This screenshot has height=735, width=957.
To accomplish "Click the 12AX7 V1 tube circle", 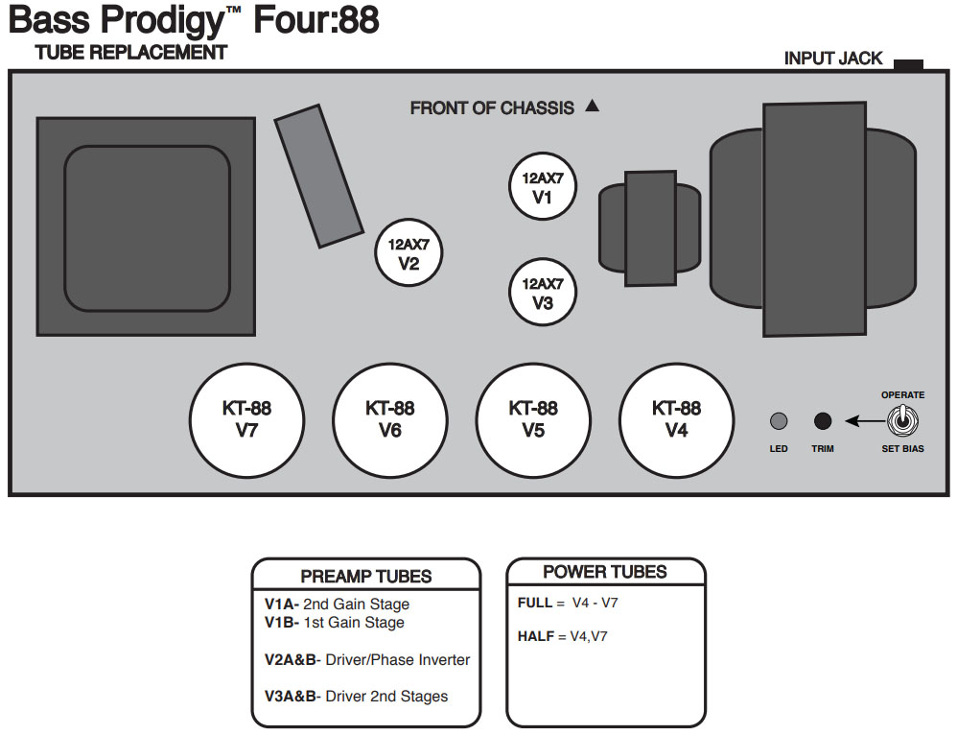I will tap(543, 188).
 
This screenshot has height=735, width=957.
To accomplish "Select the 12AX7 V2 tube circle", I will tap(409, 254).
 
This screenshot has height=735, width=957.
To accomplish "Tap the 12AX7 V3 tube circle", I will tap(543, 293).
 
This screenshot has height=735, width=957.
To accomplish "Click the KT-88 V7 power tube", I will tap(246, 420).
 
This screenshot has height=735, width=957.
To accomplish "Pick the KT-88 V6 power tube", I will tap(389, 420).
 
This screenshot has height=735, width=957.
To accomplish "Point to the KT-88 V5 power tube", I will tap(533, 420).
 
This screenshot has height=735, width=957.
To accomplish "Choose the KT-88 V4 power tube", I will tap(676, 420).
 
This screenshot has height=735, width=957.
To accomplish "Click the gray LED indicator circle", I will tap(779, 421).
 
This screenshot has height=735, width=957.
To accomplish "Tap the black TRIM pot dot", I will tap(822, 420).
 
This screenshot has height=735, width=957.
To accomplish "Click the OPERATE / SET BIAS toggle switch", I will tap(903, 420).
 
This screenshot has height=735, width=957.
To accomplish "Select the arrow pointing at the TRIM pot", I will tap(863, 420).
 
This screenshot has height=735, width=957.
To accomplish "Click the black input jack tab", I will tap(907, 64).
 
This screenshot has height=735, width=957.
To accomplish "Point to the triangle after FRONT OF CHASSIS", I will tap(592, 107).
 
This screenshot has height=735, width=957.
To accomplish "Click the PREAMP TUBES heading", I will tap(366, 577).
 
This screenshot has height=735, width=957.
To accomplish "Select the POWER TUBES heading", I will tap(604, 572).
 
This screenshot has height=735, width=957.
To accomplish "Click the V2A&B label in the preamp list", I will tap(290, 660).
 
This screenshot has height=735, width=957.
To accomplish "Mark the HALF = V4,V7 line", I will tap(562, 636).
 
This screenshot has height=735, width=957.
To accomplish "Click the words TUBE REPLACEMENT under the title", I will tap(131, 53).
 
